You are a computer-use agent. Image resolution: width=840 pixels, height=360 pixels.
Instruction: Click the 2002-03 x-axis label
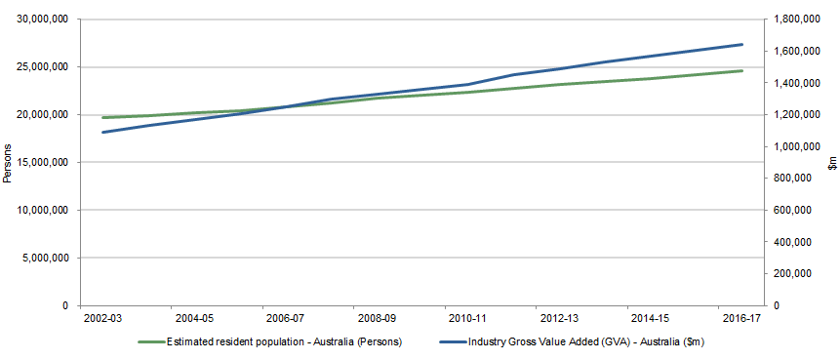[x=103, y=319]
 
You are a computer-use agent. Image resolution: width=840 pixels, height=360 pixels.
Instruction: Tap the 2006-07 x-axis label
[x=285, y=319]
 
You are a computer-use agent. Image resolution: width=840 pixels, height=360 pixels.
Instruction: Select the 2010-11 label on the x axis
[x=467, y=319]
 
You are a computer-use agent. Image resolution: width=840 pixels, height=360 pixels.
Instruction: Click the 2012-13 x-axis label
[x=558, y=319]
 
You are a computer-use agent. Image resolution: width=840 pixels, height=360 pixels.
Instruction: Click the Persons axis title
[x=8, y=163]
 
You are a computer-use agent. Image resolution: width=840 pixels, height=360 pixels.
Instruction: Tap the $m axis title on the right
[x=832, y=163]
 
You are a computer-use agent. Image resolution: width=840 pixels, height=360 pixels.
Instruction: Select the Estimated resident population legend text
[x=284, y=342]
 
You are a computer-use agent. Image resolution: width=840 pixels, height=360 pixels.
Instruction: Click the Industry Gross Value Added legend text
[x=585, y=342]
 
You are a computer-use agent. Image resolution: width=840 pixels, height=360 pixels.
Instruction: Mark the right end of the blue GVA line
[x=742, y=44]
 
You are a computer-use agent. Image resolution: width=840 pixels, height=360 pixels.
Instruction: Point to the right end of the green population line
[x=742, y=70]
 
